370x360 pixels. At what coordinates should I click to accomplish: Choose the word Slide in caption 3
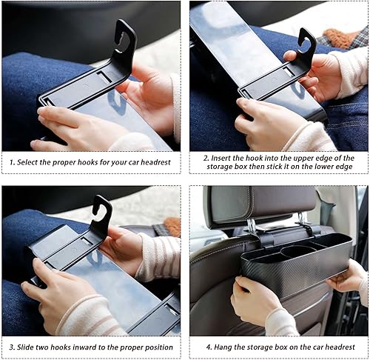(x=27, y=347)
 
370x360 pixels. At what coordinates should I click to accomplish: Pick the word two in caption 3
(x=46, y=347)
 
